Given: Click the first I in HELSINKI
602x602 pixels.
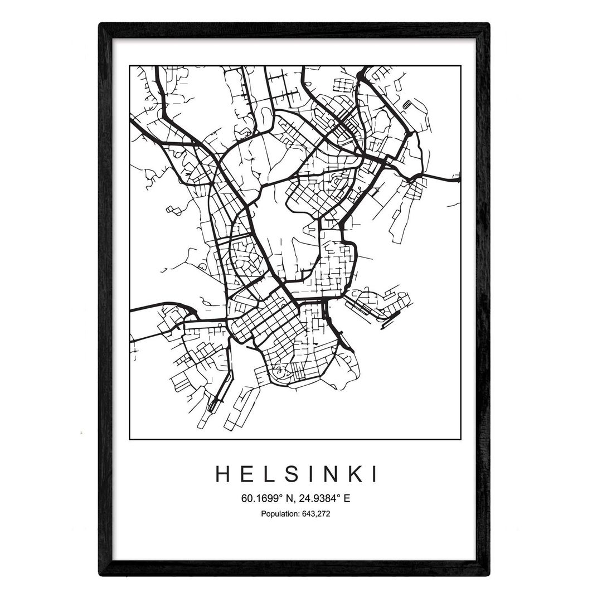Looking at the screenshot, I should (x=308, y=474).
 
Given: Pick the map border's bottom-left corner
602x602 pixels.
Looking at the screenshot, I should (x=129, y=439).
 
